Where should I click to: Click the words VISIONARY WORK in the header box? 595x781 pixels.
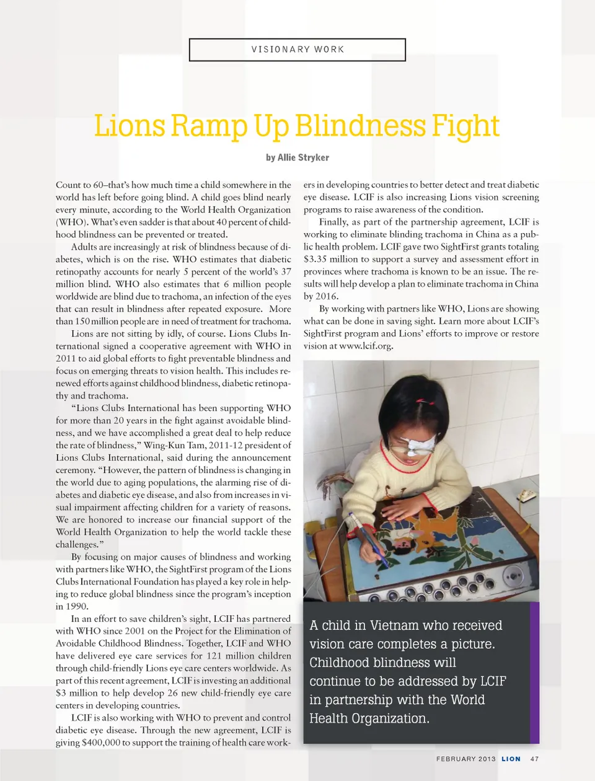pos(297,50)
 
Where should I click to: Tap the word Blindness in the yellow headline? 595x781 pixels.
pos(361,126)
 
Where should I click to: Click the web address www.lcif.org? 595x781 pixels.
pos(366,346)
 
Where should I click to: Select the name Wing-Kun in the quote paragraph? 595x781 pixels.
pos(163,445)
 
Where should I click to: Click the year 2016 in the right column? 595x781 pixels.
pos(327,296)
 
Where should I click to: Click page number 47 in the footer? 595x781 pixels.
pos(535,759)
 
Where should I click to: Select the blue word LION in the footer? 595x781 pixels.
pos(511,759)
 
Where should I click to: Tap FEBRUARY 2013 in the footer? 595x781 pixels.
pos(465,759)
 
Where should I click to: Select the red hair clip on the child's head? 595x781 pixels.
pos(422,402)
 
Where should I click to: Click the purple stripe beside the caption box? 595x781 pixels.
pos(535,673)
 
